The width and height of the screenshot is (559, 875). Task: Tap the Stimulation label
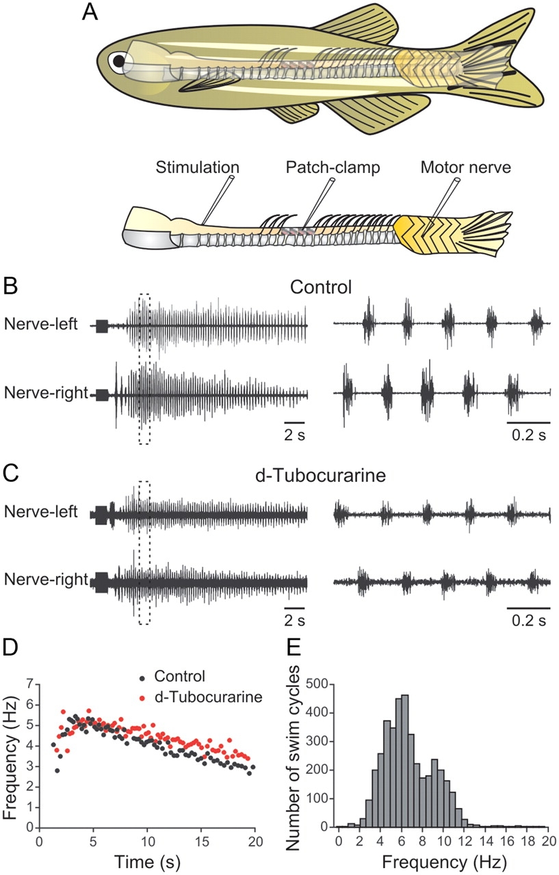(196, 167)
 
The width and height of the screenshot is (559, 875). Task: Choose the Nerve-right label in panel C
(47, 581)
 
